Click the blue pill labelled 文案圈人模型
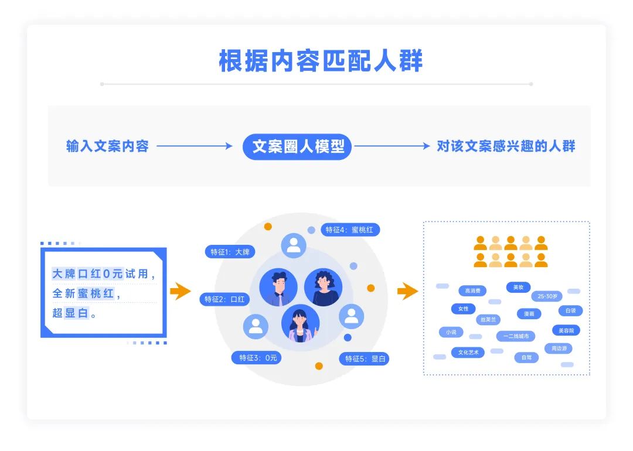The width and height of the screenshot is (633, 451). pos(297,146)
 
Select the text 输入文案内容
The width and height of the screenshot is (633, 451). pos(107,146)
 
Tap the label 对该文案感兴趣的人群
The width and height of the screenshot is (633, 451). pos(506,146)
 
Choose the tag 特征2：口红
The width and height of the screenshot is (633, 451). pos(224,299)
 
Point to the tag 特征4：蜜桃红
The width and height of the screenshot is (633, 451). pos(349,230)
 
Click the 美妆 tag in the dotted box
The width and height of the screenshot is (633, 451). pos(518,287)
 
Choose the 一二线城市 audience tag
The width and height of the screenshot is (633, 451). pos(516,336)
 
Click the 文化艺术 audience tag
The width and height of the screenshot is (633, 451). pos(468,353)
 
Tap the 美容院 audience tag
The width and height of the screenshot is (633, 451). pos(566,330)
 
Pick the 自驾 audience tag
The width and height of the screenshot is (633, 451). pos(526,357)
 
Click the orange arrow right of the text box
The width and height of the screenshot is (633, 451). pos(180,291)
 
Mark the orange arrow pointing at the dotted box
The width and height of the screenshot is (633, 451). pos(407,291)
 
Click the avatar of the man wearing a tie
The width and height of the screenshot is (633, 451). pos(278,287)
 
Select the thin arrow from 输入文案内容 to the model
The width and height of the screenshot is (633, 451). pos(195,146)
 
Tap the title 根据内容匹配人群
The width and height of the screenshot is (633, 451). pos(321,61)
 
